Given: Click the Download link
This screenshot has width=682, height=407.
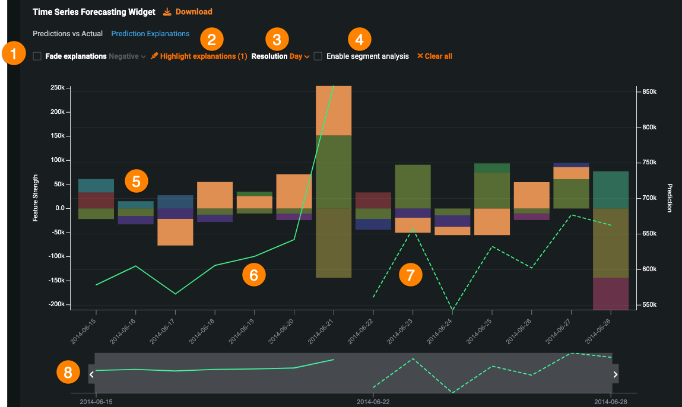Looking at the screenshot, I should tap(188, 12).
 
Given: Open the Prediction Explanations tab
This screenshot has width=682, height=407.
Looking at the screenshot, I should tap(150, 34).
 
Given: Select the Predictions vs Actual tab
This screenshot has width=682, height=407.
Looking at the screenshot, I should tap(68, 34).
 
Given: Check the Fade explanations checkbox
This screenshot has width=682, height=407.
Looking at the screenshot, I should tap(37, 56).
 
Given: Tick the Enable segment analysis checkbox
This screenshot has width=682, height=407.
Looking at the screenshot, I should tap(318, 56).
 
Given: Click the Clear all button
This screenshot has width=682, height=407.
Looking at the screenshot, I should tap(434, 56).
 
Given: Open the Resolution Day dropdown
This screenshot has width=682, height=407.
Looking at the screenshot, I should tap(299, 56).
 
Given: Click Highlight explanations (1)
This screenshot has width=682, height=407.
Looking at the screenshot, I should tap(199, 56).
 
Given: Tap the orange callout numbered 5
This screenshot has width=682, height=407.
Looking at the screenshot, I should tap(136, 181).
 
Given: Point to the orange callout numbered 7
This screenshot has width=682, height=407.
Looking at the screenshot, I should tap(410, 275).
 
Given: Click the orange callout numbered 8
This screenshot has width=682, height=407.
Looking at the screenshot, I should tap(68, 373).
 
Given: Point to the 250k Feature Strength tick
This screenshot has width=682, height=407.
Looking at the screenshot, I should tap(58, 88).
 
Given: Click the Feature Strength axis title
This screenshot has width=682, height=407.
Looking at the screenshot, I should tap(36, 198).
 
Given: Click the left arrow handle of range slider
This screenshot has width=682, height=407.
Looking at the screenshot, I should tap(91, 374).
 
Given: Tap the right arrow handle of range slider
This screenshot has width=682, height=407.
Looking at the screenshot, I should tap(616, 374).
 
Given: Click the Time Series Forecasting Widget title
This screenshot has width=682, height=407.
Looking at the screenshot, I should tap(94, 12).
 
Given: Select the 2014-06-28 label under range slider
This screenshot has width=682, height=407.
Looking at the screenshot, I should tap(611, 402).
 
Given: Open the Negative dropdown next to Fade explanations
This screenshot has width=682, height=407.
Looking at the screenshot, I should tap(127, 56).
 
